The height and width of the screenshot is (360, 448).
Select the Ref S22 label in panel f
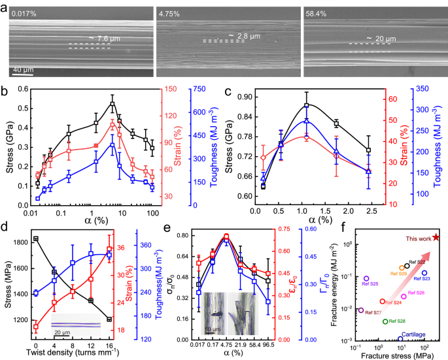tap(417, 262)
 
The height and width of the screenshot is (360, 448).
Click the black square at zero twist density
tap(35, 239)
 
